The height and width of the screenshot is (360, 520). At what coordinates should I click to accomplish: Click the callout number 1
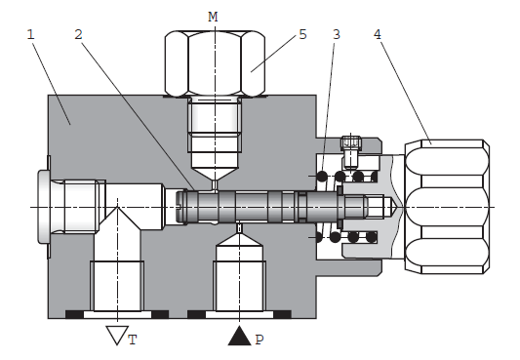pos(31,34)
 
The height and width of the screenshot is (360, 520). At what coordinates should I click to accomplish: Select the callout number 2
pos(78,34)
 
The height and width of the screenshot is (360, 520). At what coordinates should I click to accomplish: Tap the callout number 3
pos(337,34)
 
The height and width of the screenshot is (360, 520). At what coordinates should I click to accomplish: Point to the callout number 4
pos(378,34)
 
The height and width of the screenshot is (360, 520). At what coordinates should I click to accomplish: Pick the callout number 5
pos(302,34)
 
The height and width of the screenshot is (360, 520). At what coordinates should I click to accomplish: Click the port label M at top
pos(213,17)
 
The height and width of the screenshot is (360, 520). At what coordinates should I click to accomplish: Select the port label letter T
pos(133,340)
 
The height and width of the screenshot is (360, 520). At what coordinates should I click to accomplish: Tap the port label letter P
pos(260,340)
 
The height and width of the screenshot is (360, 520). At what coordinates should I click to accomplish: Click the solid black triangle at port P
pos(239,337)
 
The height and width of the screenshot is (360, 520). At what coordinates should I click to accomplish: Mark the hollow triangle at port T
pos(117,334)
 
